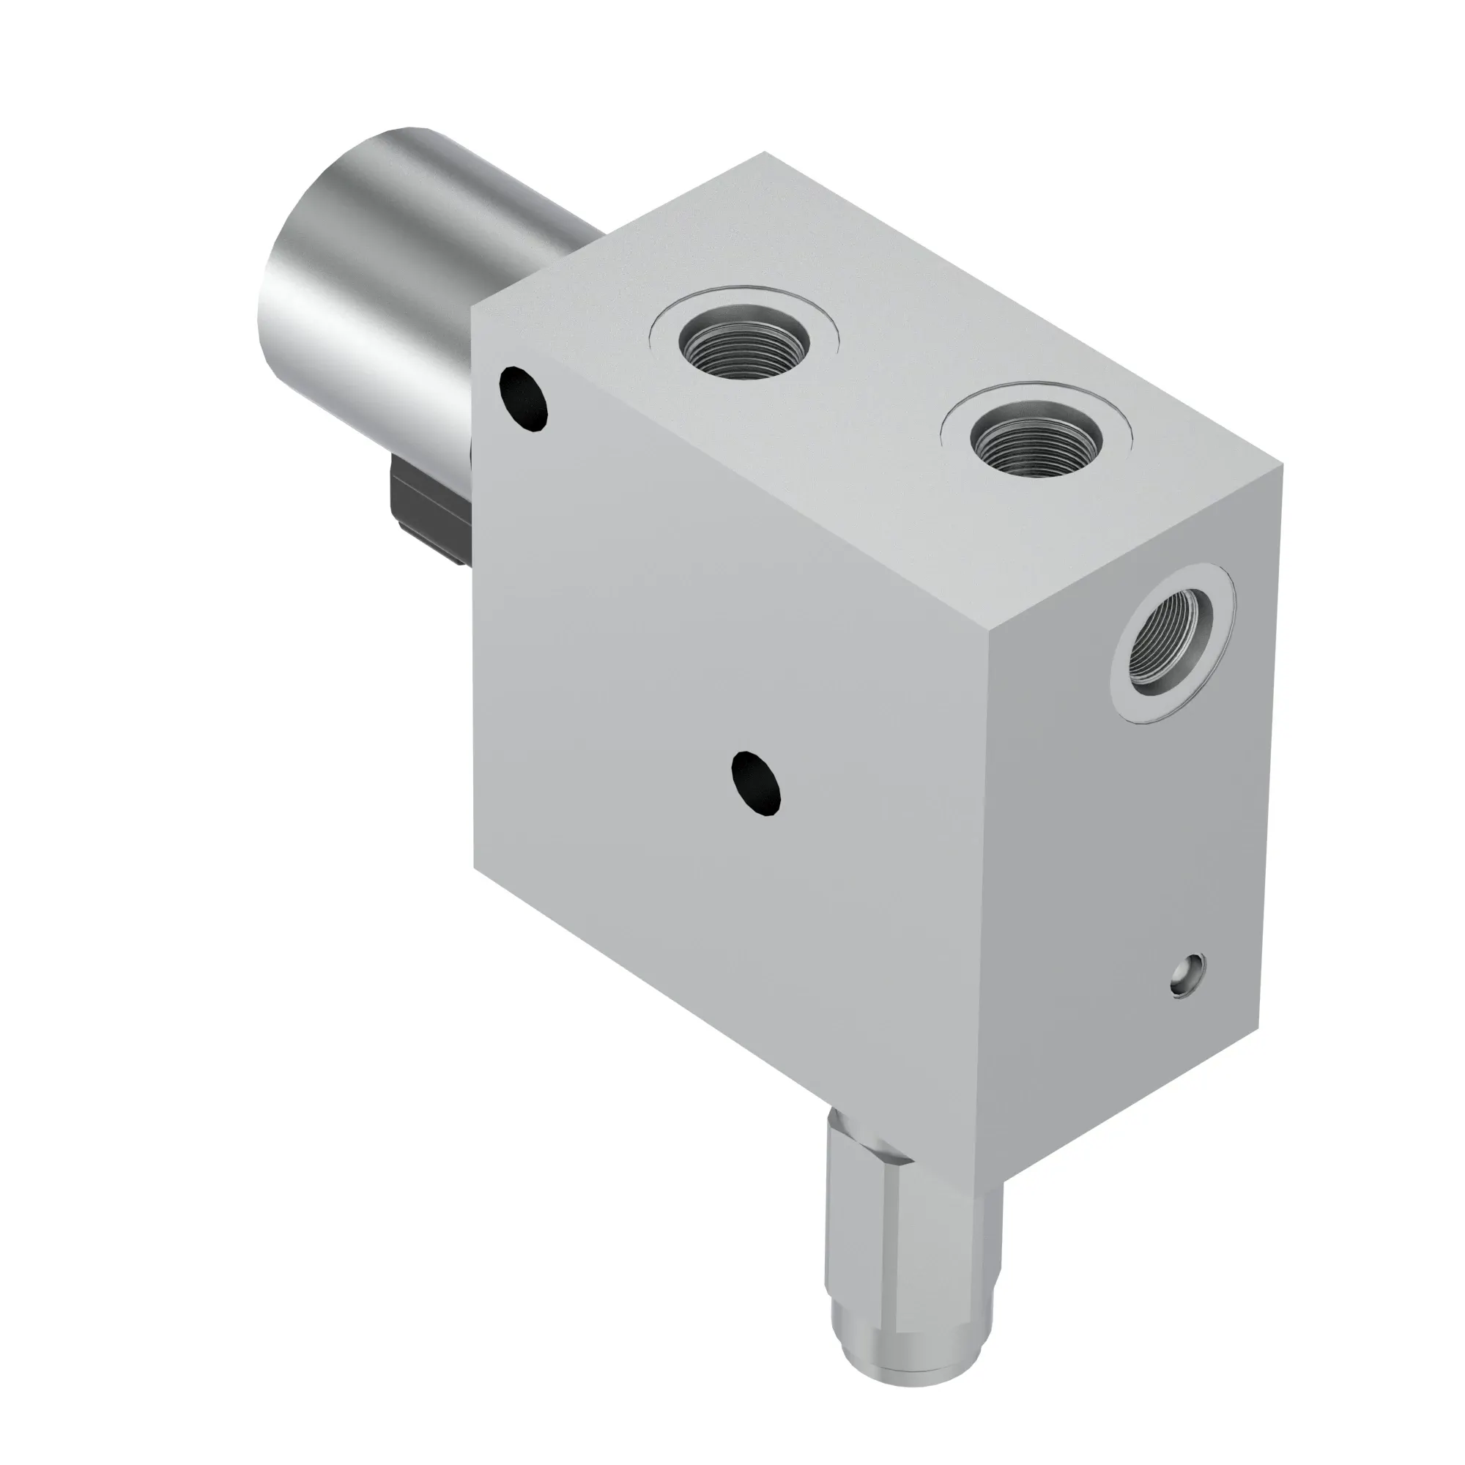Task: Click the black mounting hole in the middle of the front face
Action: point(755,783)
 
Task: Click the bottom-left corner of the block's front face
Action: point(475,867)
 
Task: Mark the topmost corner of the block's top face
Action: point(763,153)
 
